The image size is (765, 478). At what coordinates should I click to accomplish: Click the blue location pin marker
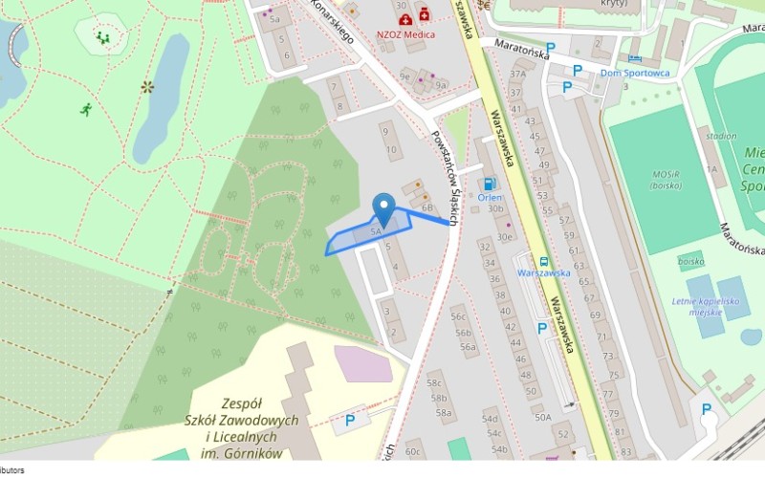(383, 207)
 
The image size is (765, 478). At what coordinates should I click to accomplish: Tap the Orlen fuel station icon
(490, 184)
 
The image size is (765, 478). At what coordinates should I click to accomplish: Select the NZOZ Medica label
(405, 34)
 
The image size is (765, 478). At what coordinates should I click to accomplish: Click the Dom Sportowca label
(635, 73)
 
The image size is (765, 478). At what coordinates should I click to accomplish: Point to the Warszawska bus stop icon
(543, 259)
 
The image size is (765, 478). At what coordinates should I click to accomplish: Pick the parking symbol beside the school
(350, 419)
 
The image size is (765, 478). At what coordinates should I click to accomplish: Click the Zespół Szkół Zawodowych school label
(241, 422)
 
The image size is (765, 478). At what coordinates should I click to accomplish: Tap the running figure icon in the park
(86, 109)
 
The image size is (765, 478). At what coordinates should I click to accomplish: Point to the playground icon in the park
(102, 38)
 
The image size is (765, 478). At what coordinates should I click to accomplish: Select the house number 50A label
(543, 417)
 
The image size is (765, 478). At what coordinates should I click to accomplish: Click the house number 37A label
(518, 74)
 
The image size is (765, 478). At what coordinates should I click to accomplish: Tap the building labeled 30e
(504, 236)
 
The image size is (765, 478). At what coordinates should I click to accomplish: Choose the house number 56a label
(468, 347)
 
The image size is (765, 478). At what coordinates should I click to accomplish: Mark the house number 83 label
(625, 451)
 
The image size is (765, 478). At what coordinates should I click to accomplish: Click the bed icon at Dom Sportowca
(635, 57)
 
